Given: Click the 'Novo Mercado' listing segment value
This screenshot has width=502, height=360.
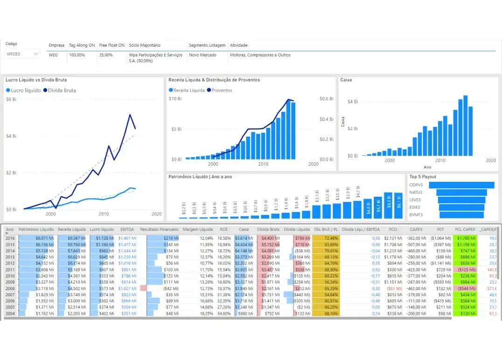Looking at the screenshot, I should (202, 55).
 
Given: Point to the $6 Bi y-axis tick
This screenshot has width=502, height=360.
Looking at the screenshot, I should (11, 100).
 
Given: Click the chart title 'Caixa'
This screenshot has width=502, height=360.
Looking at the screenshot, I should (346, 80).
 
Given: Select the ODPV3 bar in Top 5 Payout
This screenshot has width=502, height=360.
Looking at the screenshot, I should (461, 185).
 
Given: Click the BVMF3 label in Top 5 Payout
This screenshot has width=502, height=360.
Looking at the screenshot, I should (416, 215).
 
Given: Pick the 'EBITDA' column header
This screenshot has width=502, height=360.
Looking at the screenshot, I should (127, 229).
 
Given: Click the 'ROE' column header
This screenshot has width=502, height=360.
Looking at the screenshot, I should (224, 229).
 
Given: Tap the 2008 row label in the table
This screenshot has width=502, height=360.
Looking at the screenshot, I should (10, 289).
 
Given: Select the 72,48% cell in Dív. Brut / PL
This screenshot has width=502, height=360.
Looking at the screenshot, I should (329, 238).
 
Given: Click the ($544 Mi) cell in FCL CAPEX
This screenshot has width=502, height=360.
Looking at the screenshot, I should (465, 289).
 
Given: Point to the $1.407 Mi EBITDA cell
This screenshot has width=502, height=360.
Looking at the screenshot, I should (127, 238).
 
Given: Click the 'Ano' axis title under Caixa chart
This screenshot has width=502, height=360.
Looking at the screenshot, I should (428, 167).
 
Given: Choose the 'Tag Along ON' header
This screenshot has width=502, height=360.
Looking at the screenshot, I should (82, 45).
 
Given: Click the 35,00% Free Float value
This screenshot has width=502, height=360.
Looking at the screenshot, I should (105, 55).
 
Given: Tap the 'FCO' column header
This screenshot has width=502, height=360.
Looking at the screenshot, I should (393, 229).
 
